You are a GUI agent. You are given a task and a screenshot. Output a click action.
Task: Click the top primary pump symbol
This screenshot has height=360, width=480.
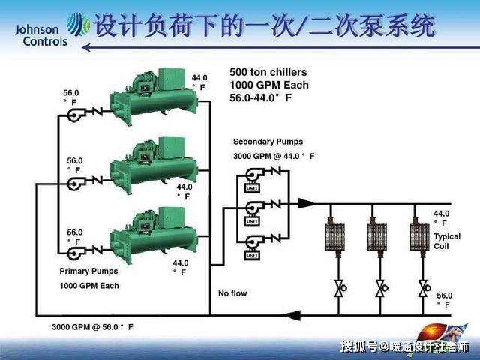click(x=75, y=114)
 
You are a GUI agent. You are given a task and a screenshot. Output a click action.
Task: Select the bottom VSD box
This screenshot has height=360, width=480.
click(x=252, y=256)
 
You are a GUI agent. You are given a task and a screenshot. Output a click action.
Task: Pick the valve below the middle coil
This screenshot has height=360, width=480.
click(x=380, y=286)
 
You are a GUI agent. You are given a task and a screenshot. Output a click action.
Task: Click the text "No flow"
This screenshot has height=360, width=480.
click(x=232, y=293)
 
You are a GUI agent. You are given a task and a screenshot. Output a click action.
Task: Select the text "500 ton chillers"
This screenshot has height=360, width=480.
click(x=268, y=73)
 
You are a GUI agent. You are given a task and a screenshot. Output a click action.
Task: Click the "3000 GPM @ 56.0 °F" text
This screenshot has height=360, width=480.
click(x=92, y=327)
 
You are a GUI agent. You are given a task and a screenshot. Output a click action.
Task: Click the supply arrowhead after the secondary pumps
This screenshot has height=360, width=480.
click(x=305, y=203)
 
